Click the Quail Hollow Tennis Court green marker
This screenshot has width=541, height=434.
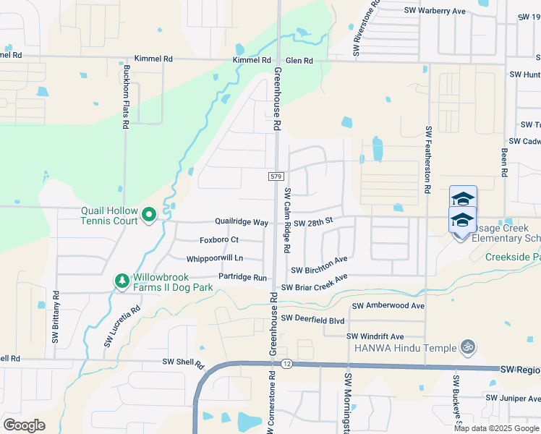tap(149, 214)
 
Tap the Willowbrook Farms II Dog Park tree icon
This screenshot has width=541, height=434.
tap(122, 280)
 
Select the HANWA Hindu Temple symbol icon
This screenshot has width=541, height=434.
tap(467, 347)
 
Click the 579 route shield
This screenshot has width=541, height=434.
tap(275, 176)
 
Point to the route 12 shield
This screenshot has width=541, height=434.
tap(287, 363)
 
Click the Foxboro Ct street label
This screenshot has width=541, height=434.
tap(219, 240)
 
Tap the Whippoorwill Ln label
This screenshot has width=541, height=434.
tap(214, 258)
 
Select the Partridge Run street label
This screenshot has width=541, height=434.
tap(243, 277)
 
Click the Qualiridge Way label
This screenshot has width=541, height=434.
tap(242, 221)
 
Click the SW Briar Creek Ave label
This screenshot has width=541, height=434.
tap(315, 282)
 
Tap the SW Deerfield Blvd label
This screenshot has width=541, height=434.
tap(313, 318)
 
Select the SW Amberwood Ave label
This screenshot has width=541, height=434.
tap(388, 306)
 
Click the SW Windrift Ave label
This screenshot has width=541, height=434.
tap(375, 336)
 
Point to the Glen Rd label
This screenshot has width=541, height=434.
tap(298, 61)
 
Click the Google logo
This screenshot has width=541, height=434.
tap(24, 425)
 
